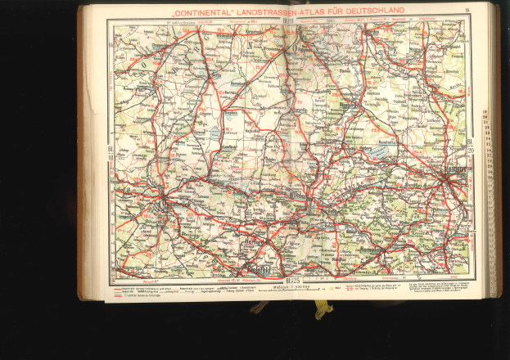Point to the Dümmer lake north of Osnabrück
(215, 132)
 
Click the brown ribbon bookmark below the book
(260, 306)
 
